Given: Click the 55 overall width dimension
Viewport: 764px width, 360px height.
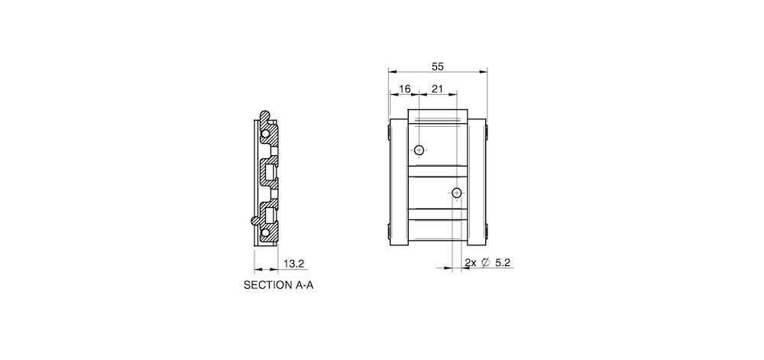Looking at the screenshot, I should point(437,66).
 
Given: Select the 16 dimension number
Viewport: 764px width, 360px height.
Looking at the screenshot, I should point(405,89).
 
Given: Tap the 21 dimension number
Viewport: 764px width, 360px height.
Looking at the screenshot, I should point(437,89).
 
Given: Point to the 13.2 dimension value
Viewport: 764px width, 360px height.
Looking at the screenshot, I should point(294,264).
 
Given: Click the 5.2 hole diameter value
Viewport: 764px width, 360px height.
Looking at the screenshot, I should point(503,263).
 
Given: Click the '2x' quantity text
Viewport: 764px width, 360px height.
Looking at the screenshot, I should point(471,263).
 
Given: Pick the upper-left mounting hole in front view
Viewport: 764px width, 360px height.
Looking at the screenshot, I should point(419,150).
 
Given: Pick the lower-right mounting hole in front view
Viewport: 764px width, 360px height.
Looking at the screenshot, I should point(457,193).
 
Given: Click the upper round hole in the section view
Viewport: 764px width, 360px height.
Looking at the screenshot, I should point(265,135).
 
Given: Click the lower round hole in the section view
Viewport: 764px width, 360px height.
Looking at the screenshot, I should point(265,231).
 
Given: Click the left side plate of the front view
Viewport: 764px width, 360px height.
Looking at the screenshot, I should point(398,183).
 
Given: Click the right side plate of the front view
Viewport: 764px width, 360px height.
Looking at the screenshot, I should point(477,183).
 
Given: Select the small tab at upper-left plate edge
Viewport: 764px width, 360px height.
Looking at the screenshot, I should point(388,135).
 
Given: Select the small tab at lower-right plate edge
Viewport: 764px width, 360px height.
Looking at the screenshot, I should point(487,232).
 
